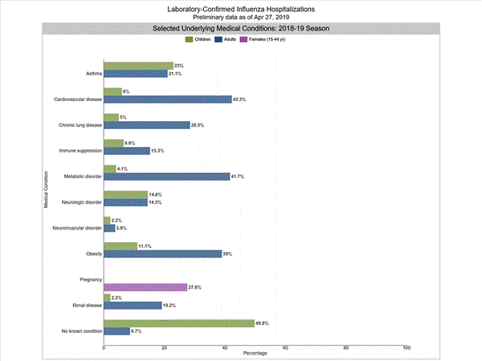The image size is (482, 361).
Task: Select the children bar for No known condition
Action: pos(179,323)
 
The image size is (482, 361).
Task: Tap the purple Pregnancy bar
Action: pos(145,287)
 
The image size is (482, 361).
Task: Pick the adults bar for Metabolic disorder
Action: pos(166,176)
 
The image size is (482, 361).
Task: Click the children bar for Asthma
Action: pos(138,65)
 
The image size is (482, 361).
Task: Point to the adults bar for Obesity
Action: pos(162,254)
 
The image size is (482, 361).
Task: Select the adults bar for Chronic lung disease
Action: pos(146,125)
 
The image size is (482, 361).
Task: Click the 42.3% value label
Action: pos(239,99)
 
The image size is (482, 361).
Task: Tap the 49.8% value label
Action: pos(262,323)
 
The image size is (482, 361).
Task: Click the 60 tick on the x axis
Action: pos(285,347)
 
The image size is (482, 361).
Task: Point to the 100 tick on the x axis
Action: pos(406,347)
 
